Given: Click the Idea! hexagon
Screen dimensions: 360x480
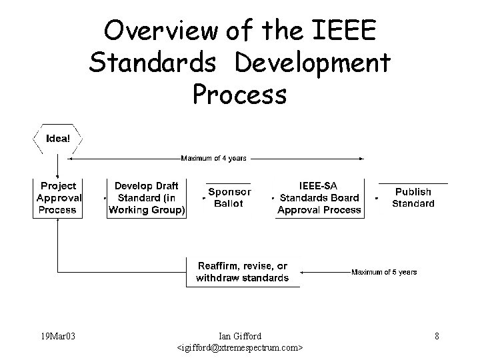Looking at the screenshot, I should pyautogui.click(x=57, y=139).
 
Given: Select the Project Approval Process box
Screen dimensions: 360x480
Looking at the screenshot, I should pyautogui.click(x=58, y=197).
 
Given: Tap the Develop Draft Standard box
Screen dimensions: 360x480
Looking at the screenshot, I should pyautogui.click(x=147, y=197).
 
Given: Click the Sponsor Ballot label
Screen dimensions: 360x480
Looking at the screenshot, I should pyautogui.click(x=229, y=197).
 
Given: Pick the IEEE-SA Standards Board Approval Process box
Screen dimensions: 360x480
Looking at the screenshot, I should pyautogui.click(x=319, y=197).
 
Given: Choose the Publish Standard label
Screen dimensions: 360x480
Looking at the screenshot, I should pyautogui.click(x=413, y=198).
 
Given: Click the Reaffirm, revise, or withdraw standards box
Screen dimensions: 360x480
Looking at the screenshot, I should pyautogui.click(x=243, y=272).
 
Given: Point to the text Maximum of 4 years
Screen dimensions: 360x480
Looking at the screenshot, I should pyautogui.click(x=213, y=159).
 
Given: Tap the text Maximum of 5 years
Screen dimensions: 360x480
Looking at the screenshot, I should pyautogui.click(x=384, y=272).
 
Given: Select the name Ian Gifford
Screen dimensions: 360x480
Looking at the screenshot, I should pyautogui.click(x=240, y=336).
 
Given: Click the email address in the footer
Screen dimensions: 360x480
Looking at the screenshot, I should pyautogui.click(x=240, y=348).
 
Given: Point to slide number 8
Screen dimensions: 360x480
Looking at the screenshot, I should pyautogui.click(x=437, y=336).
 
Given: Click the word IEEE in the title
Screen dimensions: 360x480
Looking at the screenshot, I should pyautogui.click(x=343, y=31).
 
